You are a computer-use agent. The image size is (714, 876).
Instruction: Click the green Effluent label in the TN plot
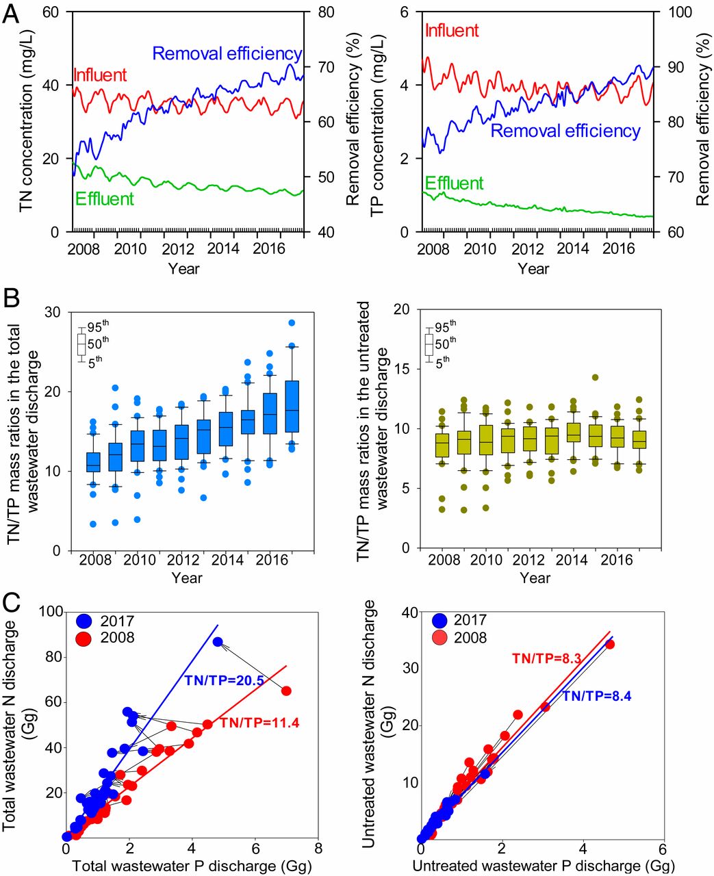point(105,199)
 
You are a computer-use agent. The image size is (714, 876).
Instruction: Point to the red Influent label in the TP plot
point(452,31)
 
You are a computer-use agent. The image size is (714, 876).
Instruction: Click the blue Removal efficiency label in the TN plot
point(227,53)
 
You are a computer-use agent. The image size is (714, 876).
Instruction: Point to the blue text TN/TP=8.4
point(596,697)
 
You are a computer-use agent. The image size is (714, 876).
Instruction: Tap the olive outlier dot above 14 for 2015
point(595,377)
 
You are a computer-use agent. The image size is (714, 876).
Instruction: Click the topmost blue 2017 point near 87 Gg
point(218,642)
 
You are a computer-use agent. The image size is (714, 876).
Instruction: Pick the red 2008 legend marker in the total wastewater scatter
point(84,639)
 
